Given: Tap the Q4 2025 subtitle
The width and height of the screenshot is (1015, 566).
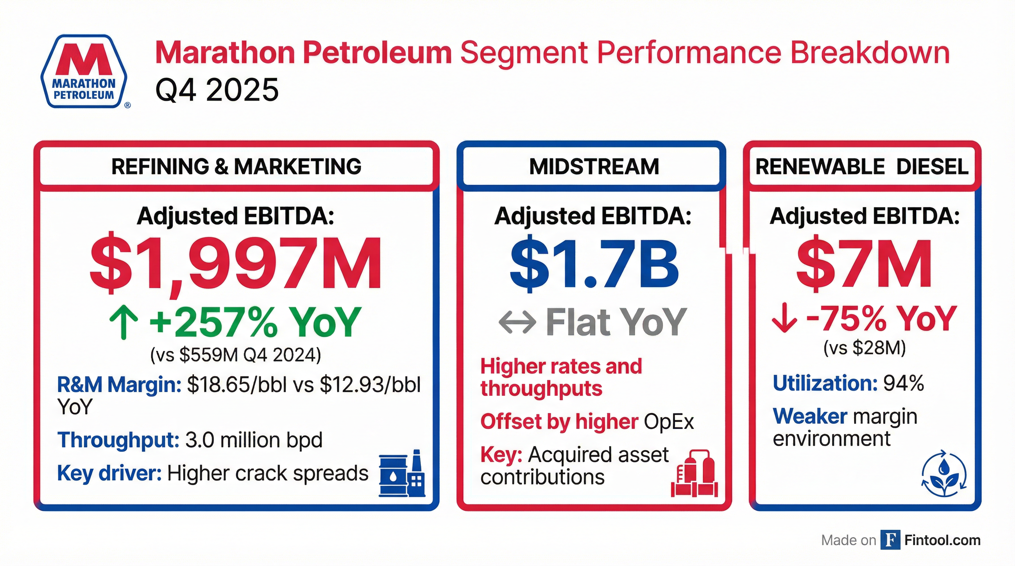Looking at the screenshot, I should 217,90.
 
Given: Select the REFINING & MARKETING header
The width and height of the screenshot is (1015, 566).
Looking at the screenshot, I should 236,167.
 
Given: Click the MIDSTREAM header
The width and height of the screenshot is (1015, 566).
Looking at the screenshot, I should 594,167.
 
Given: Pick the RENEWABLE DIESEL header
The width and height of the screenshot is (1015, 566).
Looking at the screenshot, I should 862,167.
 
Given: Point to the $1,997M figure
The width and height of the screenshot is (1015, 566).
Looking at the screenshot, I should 236,264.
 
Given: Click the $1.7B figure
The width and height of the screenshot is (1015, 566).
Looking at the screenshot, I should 594,264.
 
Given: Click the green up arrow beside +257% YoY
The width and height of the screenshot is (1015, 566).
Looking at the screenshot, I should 124,323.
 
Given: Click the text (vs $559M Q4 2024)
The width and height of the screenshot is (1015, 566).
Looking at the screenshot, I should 236,355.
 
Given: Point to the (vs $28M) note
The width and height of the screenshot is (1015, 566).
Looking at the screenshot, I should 865,348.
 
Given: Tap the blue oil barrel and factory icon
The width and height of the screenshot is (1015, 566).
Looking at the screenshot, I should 402,474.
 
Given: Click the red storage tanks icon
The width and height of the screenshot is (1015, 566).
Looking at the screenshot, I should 694,474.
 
